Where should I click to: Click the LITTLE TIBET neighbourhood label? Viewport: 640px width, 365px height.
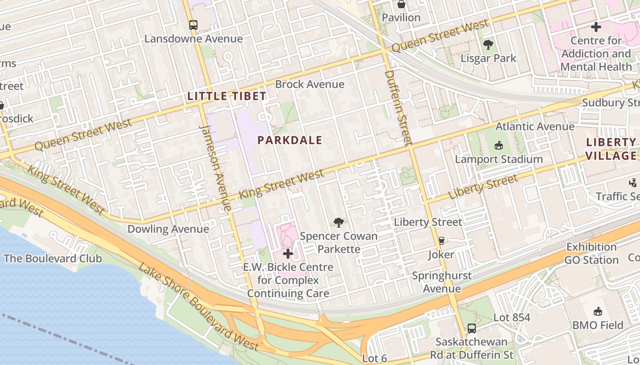point(227,96)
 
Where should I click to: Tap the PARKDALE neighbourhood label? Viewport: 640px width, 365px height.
point(290,141)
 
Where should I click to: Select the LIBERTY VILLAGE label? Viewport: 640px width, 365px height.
point(611,149)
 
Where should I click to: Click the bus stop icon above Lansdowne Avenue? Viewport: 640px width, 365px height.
point(193,25)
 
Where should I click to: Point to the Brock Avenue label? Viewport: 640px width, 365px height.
point(309,84)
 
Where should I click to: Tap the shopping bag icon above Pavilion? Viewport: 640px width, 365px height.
point(401,5)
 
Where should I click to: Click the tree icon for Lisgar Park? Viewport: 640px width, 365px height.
point(488,45)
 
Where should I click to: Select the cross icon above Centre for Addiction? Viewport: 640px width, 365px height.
point(596,27)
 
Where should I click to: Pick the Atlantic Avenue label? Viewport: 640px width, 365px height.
point(535,126)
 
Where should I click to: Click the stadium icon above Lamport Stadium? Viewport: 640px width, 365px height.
point(499,146)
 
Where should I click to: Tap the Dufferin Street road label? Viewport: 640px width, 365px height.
point(396,105)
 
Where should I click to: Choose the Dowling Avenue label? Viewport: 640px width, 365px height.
point(168,229)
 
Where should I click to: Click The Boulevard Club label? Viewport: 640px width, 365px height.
point(53,259)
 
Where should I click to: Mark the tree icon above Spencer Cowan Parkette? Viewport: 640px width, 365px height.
point(339,223)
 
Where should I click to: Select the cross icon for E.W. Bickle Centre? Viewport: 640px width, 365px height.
point(288,253)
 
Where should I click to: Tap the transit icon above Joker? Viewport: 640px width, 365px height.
point(441,240)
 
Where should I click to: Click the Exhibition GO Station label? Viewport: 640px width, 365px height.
point(592,254)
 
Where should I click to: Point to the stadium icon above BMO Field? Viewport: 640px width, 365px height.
point(597,312)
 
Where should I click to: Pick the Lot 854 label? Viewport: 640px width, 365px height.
point(512,318)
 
